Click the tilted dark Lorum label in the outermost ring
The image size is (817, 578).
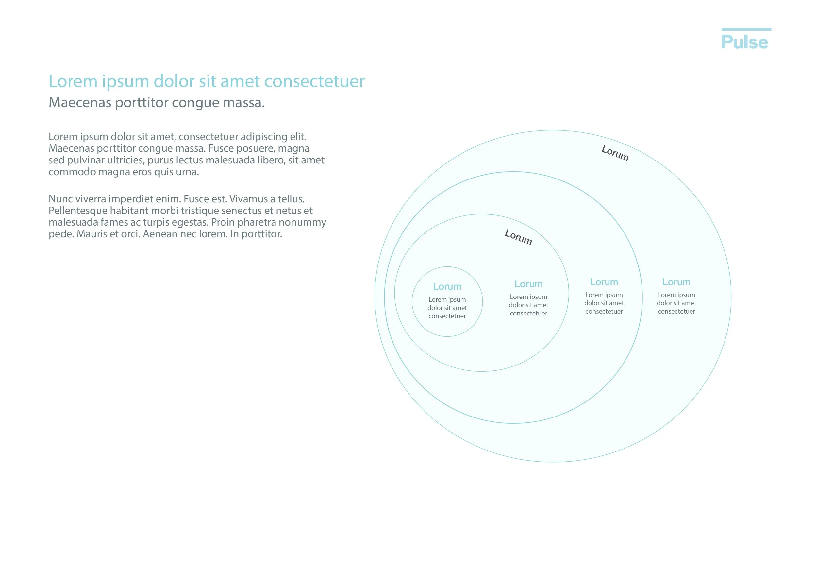coord(615,153)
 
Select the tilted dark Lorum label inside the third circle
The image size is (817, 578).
coord(518,237)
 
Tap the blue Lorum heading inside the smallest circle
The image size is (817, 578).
coord(447,286)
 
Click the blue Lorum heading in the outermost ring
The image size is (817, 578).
coord(676,282)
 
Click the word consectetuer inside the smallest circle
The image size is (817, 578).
coord(447,316)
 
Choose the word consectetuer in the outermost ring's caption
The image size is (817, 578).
coord(676,312)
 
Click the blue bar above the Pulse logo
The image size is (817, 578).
coord(746,29)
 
